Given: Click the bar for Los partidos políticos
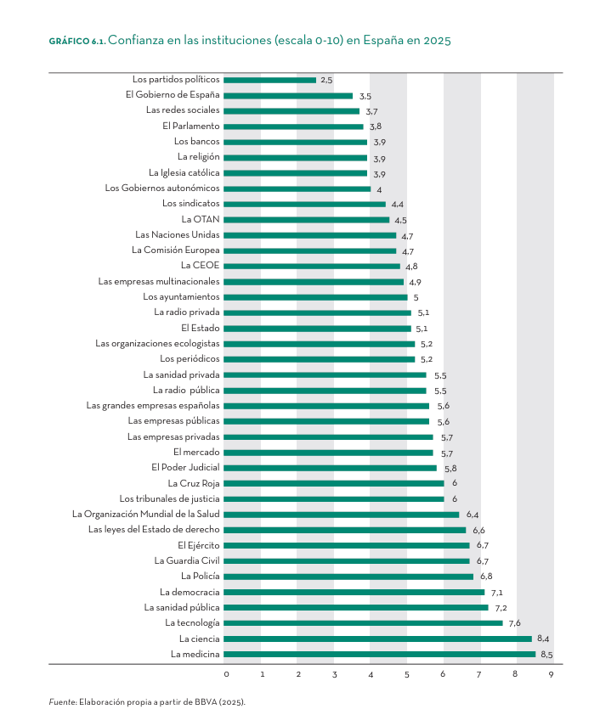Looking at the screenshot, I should tap(270, 80).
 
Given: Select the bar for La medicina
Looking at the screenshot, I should tap(380, 654).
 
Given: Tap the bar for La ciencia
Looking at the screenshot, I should tap(378, 639).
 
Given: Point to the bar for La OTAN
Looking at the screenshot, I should tap(307, 220).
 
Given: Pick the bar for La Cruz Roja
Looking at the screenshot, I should tap(334, 483).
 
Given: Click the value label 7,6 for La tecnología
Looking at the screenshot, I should tap(514, 623).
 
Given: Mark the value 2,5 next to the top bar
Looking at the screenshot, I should tap(326, 80).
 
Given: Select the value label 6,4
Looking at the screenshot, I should tap(473, 515).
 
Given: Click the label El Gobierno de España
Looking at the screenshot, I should tap(173, 95).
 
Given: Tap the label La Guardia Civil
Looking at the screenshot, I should tap(187, 560).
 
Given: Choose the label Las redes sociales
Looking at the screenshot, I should tap(183, 110).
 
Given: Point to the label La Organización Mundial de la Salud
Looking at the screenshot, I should tap(146, 515).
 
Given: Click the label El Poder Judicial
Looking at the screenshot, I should tap(185, 468).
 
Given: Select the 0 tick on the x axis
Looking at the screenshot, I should tap(227, 674).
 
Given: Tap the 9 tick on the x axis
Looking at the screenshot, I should tap(552, 674).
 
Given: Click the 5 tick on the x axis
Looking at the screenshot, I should tap(407, 674).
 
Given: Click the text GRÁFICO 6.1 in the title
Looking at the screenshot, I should tap(77, 41).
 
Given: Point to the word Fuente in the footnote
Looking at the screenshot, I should tap(62, 702).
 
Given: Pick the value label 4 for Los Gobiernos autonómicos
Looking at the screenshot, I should tap(379, 189).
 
